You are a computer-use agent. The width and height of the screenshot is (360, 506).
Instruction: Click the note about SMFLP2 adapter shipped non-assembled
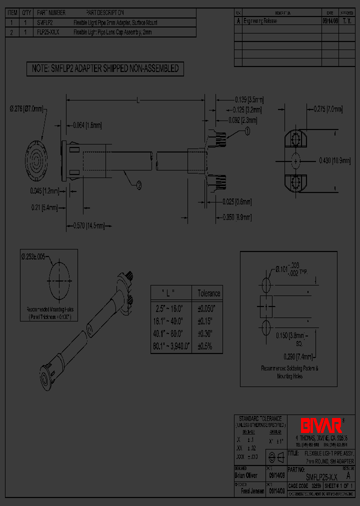tap(105, 69)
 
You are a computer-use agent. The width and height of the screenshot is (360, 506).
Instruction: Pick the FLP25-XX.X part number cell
tap(48, 32)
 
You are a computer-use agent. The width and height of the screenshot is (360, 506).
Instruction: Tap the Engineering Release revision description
tap(259, 21)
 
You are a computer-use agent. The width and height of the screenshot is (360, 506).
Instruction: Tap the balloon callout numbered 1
tap(247, 131)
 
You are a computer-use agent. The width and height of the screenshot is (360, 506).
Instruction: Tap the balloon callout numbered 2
tap(138, 185)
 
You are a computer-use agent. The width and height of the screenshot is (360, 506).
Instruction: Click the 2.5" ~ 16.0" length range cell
tap(171, 308)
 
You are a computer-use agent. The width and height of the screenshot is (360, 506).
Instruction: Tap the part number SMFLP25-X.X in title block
tap(320, 477)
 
